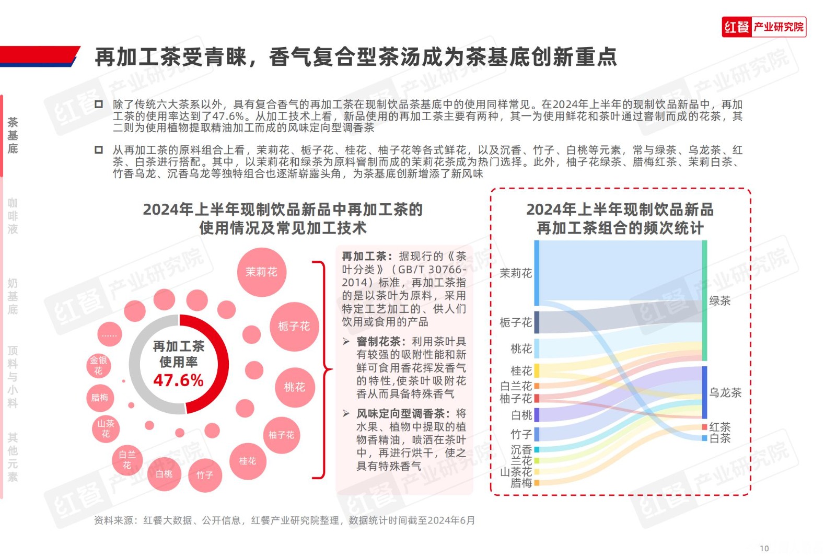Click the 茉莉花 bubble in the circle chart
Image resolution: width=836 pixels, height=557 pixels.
point(261,272)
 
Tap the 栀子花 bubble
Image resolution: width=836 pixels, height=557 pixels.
point(294,327)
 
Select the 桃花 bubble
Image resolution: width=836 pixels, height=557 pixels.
point(294,387)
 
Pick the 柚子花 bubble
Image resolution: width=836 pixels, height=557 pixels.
point(282,435)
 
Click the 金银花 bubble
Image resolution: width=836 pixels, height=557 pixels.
point(98,365)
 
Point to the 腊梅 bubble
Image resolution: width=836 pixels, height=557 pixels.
point(100,398)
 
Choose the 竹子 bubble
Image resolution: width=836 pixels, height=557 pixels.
point(205,475)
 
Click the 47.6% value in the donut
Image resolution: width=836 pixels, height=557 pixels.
point(178,380)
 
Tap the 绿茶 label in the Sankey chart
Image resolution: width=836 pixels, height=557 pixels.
point(719,301)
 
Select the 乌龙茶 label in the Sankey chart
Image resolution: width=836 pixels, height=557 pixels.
point(725,392)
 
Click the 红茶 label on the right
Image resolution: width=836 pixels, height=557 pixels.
point(720,427)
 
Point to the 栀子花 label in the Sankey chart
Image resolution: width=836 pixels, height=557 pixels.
point(515,322)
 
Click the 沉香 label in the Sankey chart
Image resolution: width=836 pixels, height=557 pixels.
point(521,449)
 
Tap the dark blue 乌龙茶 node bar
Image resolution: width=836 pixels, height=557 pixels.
point(704,392)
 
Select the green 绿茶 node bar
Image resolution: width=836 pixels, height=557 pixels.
point(704,300)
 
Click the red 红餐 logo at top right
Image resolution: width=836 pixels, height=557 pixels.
point(737,27)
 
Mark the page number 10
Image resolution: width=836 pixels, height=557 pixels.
point(764,548)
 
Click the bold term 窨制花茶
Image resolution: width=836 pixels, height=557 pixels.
point(378,342)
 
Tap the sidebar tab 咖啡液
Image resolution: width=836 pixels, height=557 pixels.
point(13,216)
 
